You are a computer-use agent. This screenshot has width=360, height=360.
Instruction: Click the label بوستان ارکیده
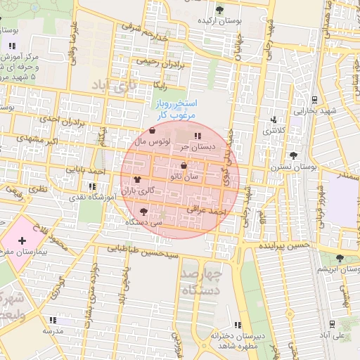219,21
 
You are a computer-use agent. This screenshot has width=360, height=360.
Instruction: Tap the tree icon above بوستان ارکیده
220,10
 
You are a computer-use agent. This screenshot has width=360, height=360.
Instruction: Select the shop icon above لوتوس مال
153,130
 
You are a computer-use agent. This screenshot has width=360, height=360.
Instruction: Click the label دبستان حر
195,147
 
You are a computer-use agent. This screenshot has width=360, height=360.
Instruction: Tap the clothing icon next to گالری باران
136,179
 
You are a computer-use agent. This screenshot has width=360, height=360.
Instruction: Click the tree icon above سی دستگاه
144,211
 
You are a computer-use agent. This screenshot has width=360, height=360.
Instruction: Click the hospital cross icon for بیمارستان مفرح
22,241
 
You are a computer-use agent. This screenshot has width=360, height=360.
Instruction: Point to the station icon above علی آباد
332,324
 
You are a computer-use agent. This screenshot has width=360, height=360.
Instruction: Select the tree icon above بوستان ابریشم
340,258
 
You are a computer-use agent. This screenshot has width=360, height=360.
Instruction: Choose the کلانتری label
271,131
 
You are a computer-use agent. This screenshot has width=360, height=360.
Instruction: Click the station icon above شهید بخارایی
314,99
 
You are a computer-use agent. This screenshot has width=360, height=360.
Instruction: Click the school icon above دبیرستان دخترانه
237,325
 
